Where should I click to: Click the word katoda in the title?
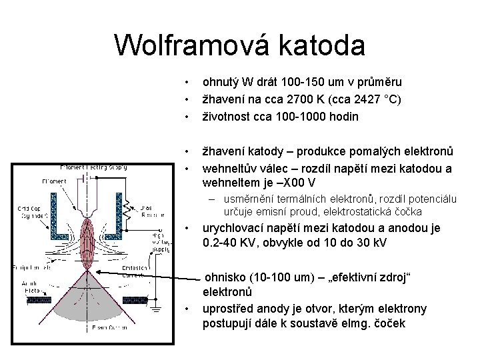point(325,45)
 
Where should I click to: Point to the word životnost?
point(229,116)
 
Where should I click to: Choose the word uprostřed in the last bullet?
point(229,309)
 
